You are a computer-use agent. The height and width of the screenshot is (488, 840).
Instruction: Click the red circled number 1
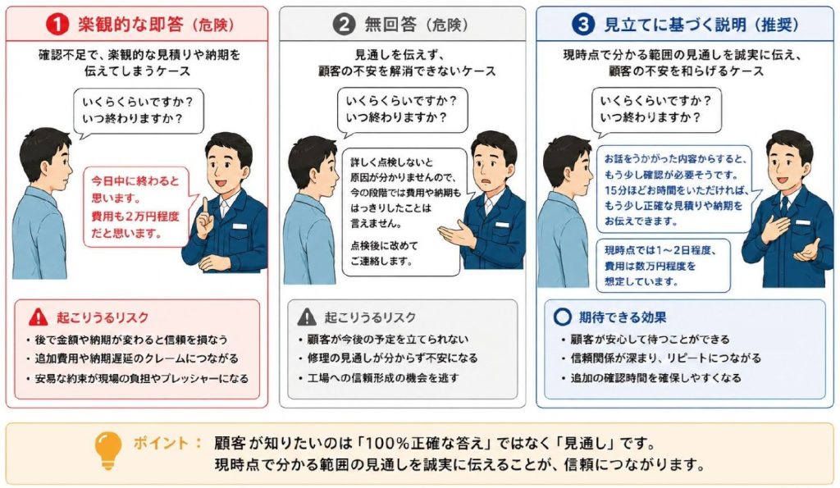point(57,24)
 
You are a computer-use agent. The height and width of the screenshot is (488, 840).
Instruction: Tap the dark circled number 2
point(344,24)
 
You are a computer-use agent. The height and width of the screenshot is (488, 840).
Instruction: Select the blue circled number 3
point(583,24)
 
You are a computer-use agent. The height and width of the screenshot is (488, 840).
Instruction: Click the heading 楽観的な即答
point(130,24)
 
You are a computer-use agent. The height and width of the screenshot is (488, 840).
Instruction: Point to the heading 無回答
point(390,24)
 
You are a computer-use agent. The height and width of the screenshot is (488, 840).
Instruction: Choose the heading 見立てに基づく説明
point(675,24)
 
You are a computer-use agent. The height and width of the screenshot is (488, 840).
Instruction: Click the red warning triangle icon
point(38,317)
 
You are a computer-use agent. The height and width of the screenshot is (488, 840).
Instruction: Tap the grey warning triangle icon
point(307,317)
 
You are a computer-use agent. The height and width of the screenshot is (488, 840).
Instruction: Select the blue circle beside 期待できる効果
point(562,317)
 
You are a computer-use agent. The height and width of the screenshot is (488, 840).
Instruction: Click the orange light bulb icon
point(107,451)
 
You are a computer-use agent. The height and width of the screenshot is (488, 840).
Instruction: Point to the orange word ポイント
point(161,443)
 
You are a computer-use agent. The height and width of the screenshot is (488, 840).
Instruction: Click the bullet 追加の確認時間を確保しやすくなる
point(651,377)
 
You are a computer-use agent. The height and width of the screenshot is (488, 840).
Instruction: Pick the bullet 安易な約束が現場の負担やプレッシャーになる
point(138,378)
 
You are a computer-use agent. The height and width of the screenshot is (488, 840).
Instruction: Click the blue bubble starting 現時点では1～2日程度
point(663,266)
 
